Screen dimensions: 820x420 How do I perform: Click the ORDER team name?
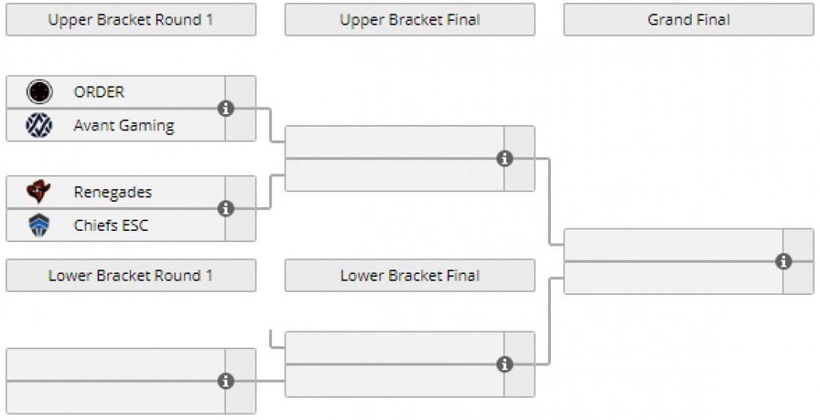(99, 92)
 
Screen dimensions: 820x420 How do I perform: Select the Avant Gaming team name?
(124, 126)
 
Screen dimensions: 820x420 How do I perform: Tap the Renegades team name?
(113, 192)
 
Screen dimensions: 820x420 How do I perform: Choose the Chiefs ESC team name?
(111, 225)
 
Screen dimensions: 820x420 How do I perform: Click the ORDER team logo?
(40, 92)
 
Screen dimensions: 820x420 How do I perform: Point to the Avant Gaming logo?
(40, 125)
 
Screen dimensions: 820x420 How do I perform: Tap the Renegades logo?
(39, 191)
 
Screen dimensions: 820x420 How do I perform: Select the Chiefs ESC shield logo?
(40, 225)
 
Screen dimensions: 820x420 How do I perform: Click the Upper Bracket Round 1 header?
(130, 20)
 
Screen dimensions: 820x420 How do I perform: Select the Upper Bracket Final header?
(410, 20)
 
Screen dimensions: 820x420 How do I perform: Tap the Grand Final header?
(689, 20)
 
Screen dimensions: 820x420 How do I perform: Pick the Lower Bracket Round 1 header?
(130, 276)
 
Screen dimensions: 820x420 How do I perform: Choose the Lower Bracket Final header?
(410, 276)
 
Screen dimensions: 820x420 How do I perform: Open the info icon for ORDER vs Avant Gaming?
(226, 109)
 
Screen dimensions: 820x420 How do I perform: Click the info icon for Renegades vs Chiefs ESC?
(226, 209)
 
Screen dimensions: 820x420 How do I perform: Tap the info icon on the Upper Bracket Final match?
(505, 159)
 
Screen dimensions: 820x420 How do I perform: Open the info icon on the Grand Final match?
(783, 261)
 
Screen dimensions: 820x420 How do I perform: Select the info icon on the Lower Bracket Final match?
(505, 364)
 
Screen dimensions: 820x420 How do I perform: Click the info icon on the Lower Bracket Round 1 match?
(226, 381)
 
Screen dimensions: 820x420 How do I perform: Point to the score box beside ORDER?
(241, 92)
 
